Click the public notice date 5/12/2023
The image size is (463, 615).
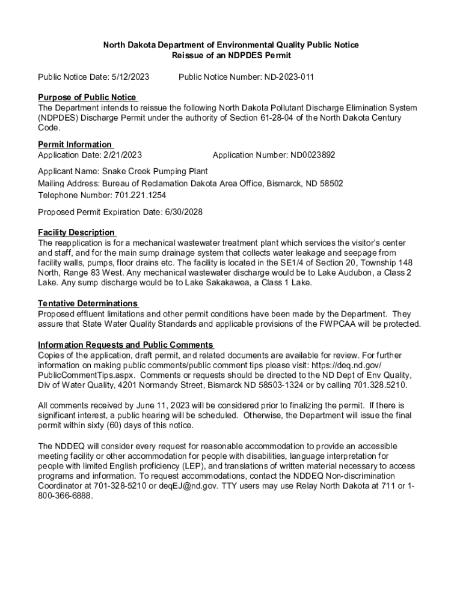[x=130, y=77]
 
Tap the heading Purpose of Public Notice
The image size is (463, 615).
[x=87, y=97]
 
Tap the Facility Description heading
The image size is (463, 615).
[x=76, y=232]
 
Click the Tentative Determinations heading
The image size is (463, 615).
[x=87, y=303]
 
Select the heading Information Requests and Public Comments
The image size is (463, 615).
[x=125, y=345]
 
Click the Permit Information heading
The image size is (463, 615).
[x=75, y=144]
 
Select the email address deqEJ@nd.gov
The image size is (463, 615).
[x=170, y=485]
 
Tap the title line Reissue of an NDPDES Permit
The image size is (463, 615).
[x=231, y=55]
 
